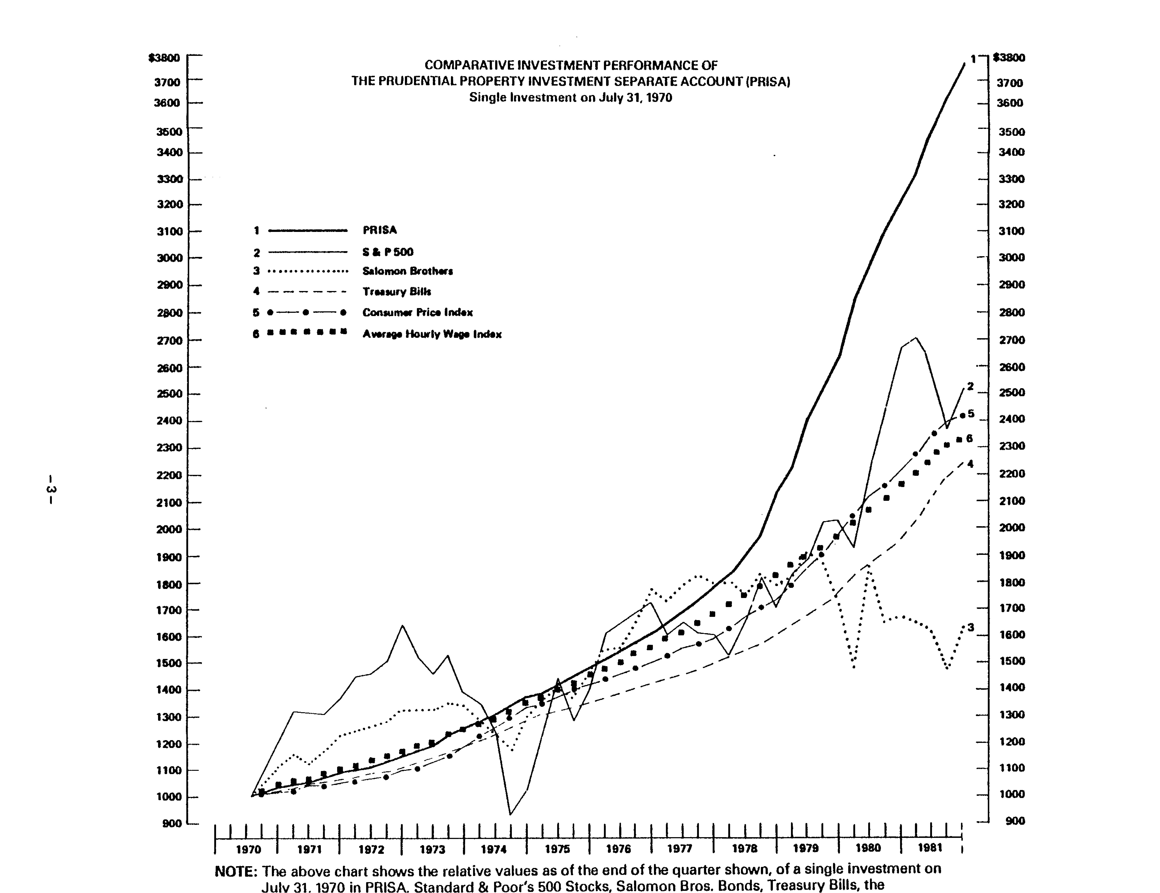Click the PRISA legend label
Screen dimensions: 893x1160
(x=379, y=230)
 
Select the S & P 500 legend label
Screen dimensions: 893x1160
(x=388, y=252)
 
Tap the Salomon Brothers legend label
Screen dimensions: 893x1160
(x=407, y=271)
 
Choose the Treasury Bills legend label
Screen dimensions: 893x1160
(x=397, y=292)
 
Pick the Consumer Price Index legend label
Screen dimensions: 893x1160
(x=417, y=312)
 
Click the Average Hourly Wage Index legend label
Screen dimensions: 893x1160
(x=432, y=334)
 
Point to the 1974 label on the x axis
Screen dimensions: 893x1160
(x=493, y=849)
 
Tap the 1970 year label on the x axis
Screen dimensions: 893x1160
(x=248, y=849)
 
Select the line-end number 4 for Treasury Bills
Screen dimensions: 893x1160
(x=970, y=464)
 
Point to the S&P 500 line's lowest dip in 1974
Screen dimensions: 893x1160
(x=510, y=814)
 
